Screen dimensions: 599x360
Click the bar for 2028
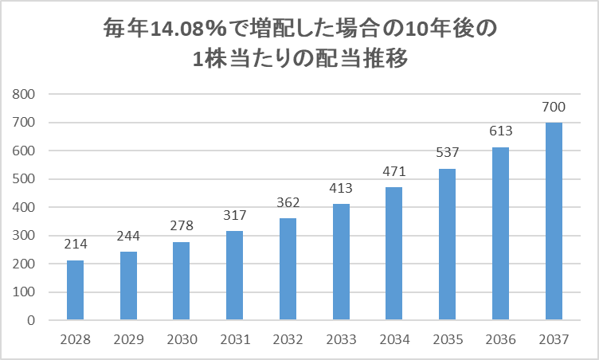click(75, 290)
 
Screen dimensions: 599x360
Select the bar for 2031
click(234, 275)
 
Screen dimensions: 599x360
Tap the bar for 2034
click(393, 253)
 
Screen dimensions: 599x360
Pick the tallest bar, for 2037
click(554, 221)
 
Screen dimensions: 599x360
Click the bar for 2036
click(500, 233)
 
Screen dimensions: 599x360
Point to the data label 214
click(76, 244)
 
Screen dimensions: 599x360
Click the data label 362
click(288, 202)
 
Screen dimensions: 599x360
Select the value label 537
click(448, 152)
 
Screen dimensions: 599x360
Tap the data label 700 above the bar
click(554, 107)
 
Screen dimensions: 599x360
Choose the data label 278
click(182, 225)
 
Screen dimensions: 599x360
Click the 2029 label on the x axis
click(129, 339)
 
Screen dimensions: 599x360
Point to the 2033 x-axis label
click(341, 339)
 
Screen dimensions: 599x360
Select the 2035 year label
click(448, 339)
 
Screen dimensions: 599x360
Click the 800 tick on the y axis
click(23, 94)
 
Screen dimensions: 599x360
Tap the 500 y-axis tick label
click(23, 179)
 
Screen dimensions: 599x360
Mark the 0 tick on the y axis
click(31, 320)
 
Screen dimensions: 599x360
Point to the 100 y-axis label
click(23, 292)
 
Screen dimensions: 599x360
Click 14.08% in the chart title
click(188, 29)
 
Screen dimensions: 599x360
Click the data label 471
click(394, 171)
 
